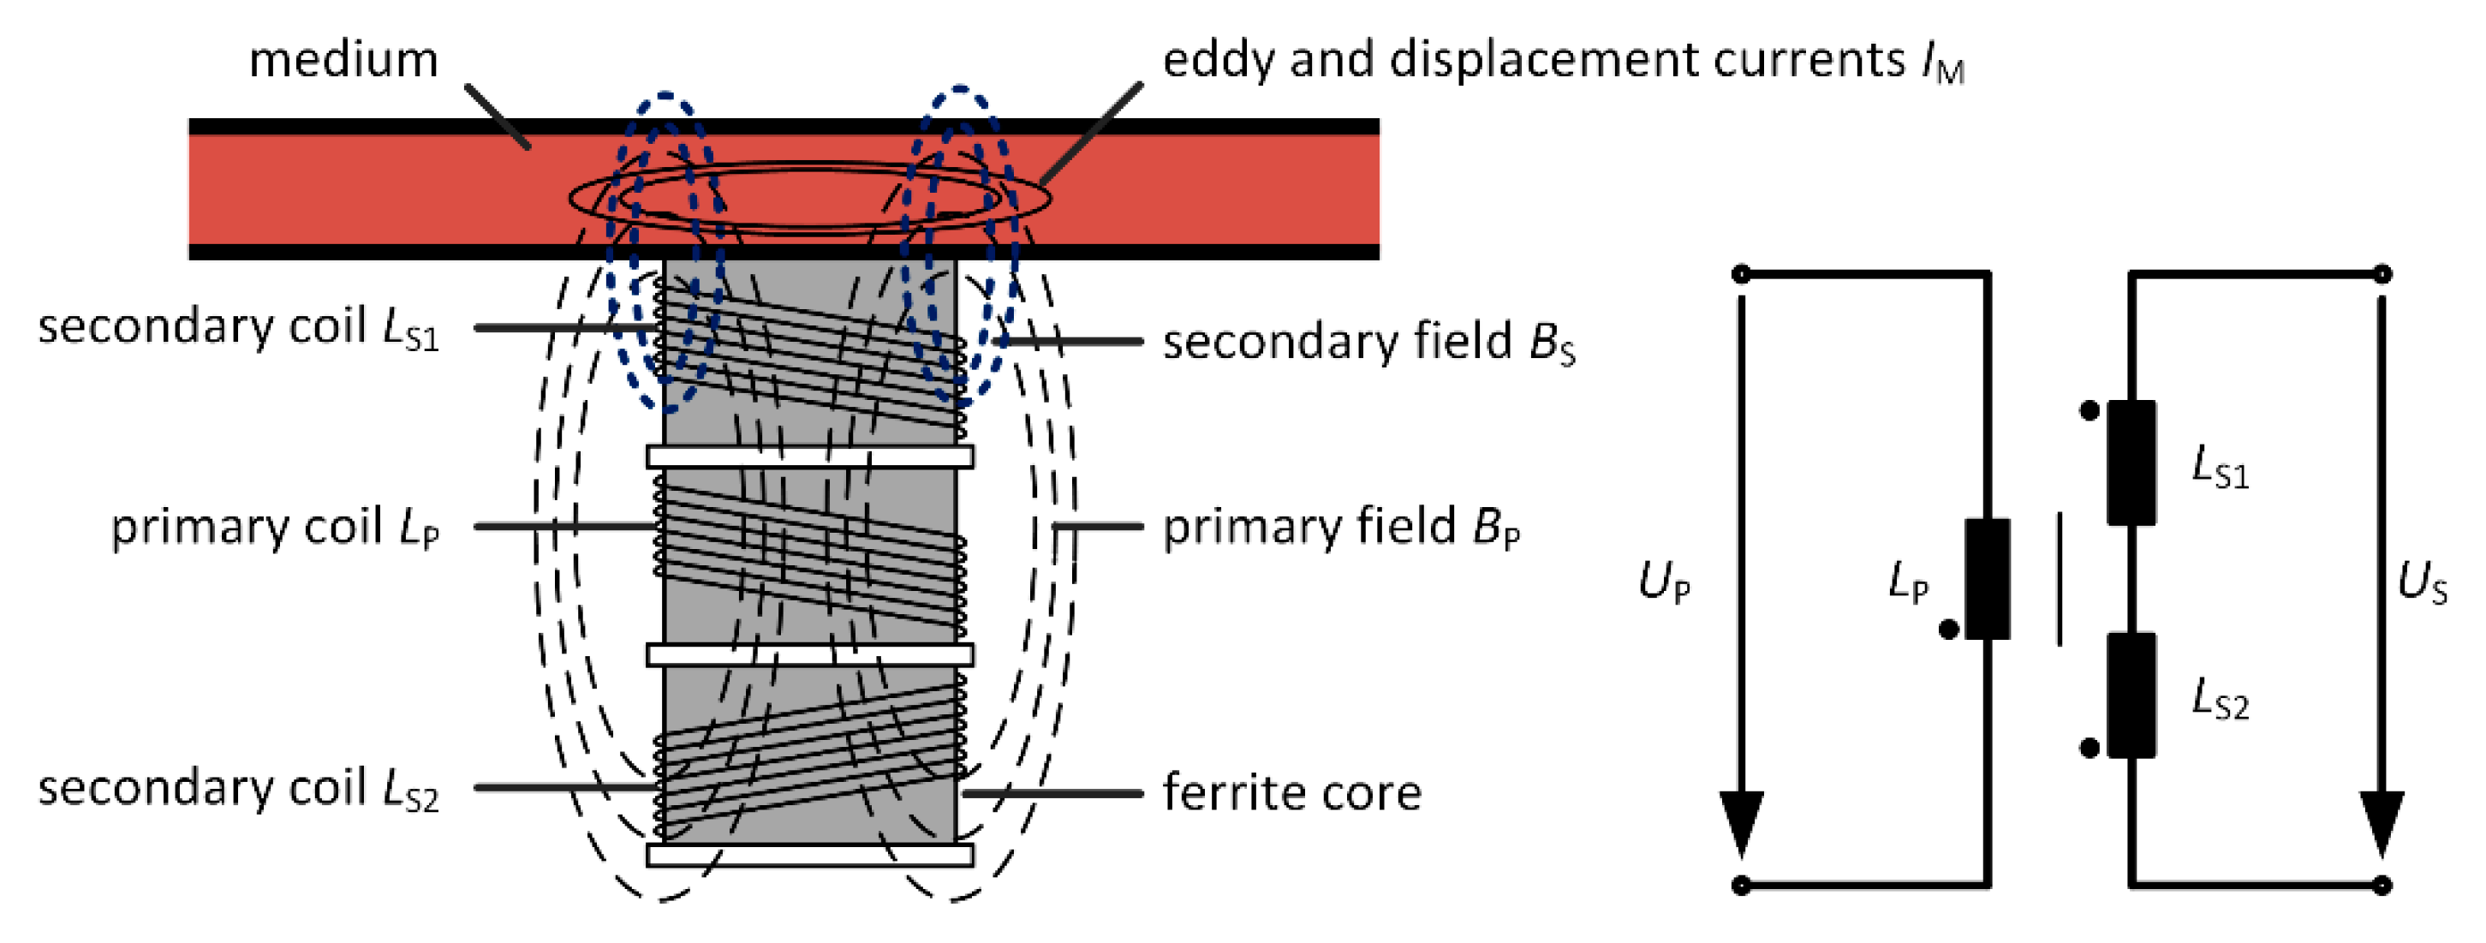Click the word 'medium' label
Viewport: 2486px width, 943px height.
[x=343, y=60]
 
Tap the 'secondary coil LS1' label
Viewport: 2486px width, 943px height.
[x=238, y=327]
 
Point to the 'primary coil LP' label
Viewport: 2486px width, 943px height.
[x=275, y=527]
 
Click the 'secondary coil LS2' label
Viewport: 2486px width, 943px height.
[x=238, y=789]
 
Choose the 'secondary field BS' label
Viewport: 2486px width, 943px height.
[x=1368, y=342]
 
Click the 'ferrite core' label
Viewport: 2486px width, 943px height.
[x=1291, y=793]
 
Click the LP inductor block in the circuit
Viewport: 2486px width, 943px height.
[x=1987, y=579]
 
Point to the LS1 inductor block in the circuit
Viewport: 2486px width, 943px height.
[x=2131, y=463]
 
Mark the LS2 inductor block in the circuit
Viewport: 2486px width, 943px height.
[x=2131, y=695]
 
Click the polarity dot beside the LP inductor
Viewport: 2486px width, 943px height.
[x=1948, y=630]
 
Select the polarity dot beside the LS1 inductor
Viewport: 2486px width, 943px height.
[x=2090, y=411]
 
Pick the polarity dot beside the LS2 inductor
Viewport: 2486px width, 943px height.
[x=2090, y=748]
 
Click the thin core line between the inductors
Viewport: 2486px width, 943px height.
[x=2060, y=579]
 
